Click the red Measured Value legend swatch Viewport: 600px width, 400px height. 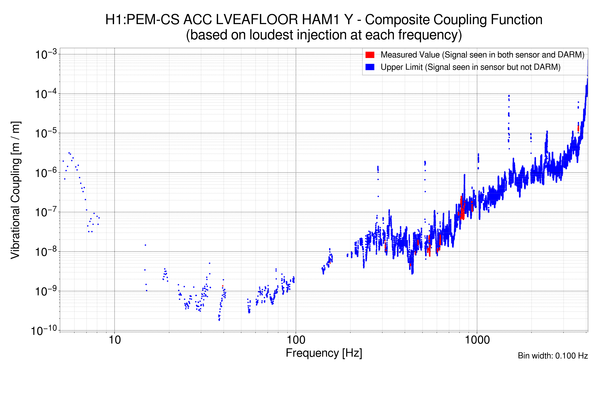pos(370,55)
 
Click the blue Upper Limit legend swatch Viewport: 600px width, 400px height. pos(370,67)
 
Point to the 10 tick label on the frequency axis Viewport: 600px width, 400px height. pos(114,340)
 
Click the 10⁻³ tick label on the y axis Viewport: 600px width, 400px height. pos(46,54)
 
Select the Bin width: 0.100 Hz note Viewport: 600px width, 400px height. pos(552,356)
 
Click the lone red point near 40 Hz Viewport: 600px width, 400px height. pos(223,286)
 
